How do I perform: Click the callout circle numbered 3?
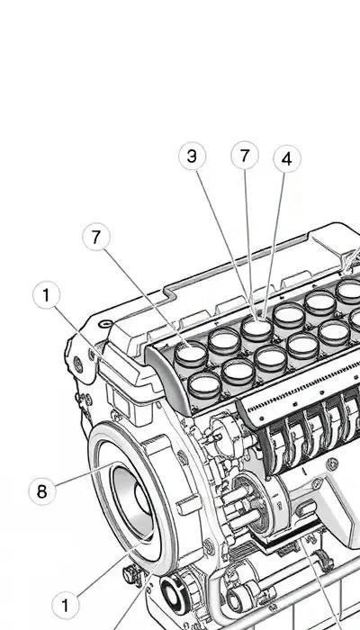pyautogui.click(x=192, y=157)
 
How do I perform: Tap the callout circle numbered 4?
pyautogui.click(x=287, y=159)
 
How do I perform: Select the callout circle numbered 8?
pyautogui.click(x=42, y=491)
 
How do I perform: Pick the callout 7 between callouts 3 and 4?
pyautogui.click(x=245, y=155)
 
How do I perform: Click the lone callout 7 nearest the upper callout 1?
pyautogui.click(x=96, y=238)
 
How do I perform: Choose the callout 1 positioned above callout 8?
pyautogui.click(x=46, y=295)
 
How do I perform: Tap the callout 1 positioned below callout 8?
pyautogui.click(x=66, y=605)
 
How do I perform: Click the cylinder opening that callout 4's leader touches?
pyautogui.click(x=256, y=328)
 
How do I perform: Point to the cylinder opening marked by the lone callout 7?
pyautogui.click(x=191, y=354)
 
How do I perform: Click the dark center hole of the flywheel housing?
pyautogui.click(x=142, y=501)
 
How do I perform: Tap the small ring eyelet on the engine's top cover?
pyautogui.click(x=105, y=323)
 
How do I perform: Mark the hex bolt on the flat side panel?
pyautogui.click(x=331, y=464)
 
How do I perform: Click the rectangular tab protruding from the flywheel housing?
pyautogui.click(x=188, y=505)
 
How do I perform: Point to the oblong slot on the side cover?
pyautogui.click(x=307, y=508)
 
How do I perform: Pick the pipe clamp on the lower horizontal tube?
pyautogui.click(x=322, y=560)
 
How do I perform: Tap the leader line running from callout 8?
pyautogui.click(x=85, y=474)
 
